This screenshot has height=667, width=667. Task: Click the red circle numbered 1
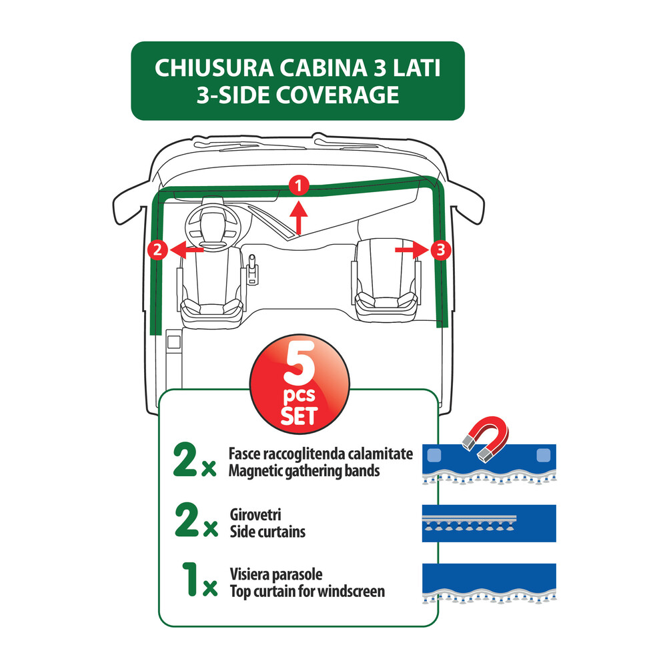point(299,186)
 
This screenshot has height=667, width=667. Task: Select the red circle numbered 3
point(439,250)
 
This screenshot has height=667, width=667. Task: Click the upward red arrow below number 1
point(299,218)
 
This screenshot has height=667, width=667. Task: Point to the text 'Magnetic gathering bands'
point(303,471)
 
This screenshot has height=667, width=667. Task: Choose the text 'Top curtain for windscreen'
point(307,590)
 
